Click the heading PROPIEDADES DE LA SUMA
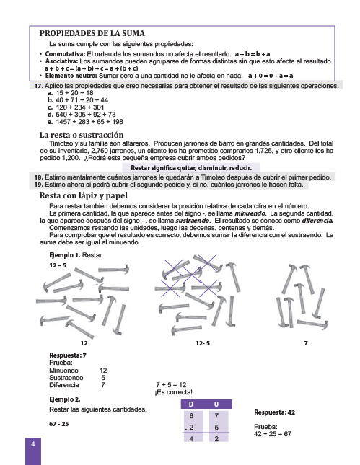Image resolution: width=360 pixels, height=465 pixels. click(92, 33)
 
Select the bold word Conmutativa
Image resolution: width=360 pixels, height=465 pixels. click(65, 54)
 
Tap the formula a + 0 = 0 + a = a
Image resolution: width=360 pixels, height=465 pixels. click(271, 76)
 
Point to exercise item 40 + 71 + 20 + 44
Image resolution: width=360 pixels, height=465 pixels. click(82, 100)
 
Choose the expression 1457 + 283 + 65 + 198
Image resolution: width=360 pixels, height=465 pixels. click(89, 122)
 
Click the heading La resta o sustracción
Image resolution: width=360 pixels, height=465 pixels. click(82, 135)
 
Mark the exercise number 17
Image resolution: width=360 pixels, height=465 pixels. click(38, 86)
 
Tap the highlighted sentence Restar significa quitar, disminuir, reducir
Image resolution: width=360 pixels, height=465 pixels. click(191, 168)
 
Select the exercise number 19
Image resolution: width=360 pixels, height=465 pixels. click(38, 185)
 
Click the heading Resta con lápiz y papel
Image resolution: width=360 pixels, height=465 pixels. click(84, 195)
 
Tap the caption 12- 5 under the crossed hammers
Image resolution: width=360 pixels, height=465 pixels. click(203, 343)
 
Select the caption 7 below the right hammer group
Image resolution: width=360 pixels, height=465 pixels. click(306, 343)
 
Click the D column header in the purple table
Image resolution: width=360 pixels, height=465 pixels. click(191, 404)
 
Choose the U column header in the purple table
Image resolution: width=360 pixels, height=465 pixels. click(216, 404)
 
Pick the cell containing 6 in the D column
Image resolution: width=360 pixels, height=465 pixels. click(191, 416)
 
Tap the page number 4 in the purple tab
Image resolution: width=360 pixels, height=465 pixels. click(33, 444)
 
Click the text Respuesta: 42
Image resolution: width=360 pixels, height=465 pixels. click(275, 412)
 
